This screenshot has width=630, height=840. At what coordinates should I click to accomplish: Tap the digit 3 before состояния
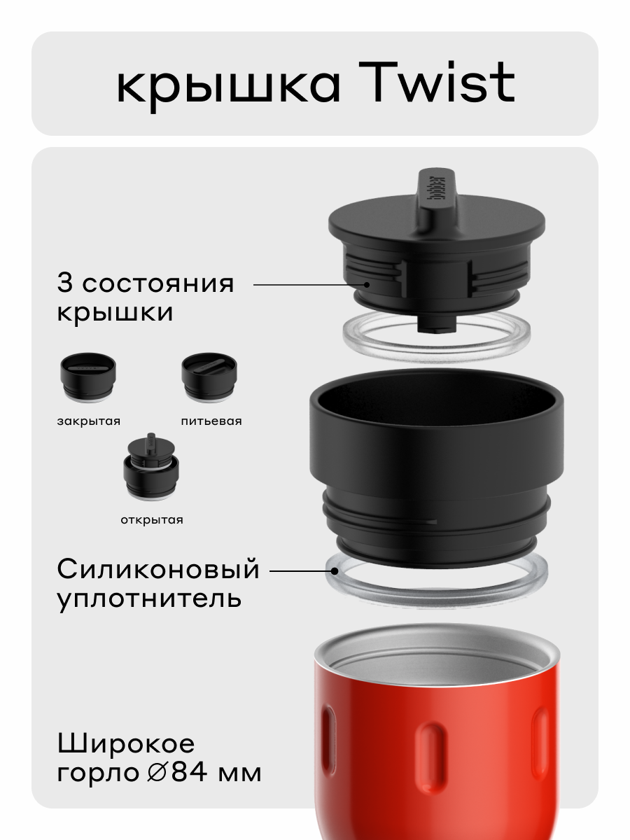[x=65, y=283]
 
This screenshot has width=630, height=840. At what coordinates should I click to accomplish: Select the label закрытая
[x=89, y=421]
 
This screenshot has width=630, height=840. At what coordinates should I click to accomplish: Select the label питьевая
[x=211, y=421]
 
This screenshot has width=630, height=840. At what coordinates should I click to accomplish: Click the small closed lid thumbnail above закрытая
[x=87, y=379]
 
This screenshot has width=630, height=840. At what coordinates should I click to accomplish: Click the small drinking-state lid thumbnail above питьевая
[x=209, y=379]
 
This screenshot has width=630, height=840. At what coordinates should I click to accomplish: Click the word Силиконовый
[x=158, y=570]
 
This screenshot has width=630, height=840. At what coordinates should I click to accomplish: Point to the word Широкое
[x=126, y=743]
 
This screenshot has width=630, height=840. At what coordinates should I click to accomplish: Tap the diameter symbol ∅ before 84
[x=157, y=773]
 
